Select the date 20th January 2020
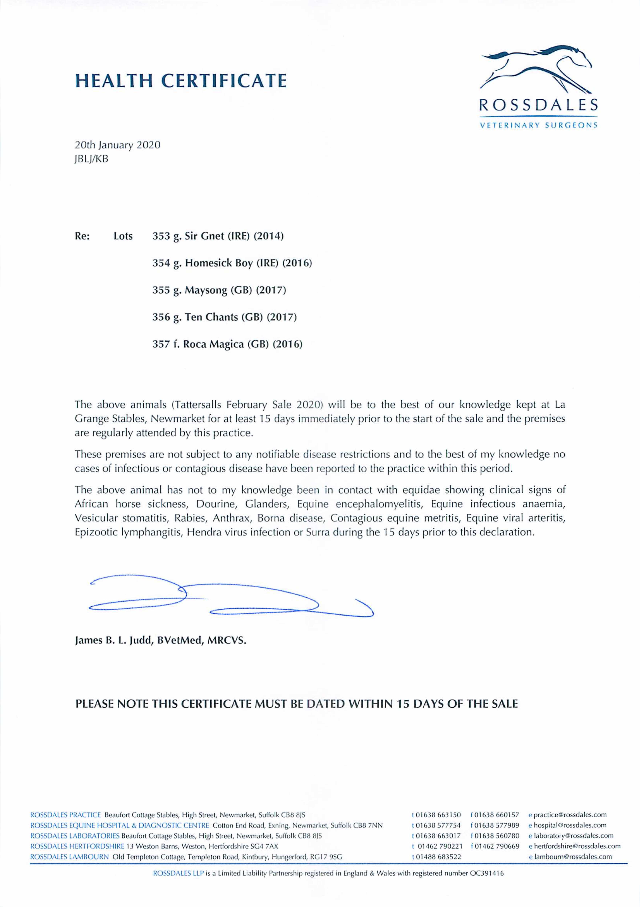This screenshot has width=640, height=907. click(117, 145)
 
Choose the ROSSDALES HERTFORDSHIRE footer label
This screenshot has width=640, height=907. click(77, 846)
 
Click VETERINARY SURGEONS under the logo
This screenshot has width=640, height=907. click(538, 126)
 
